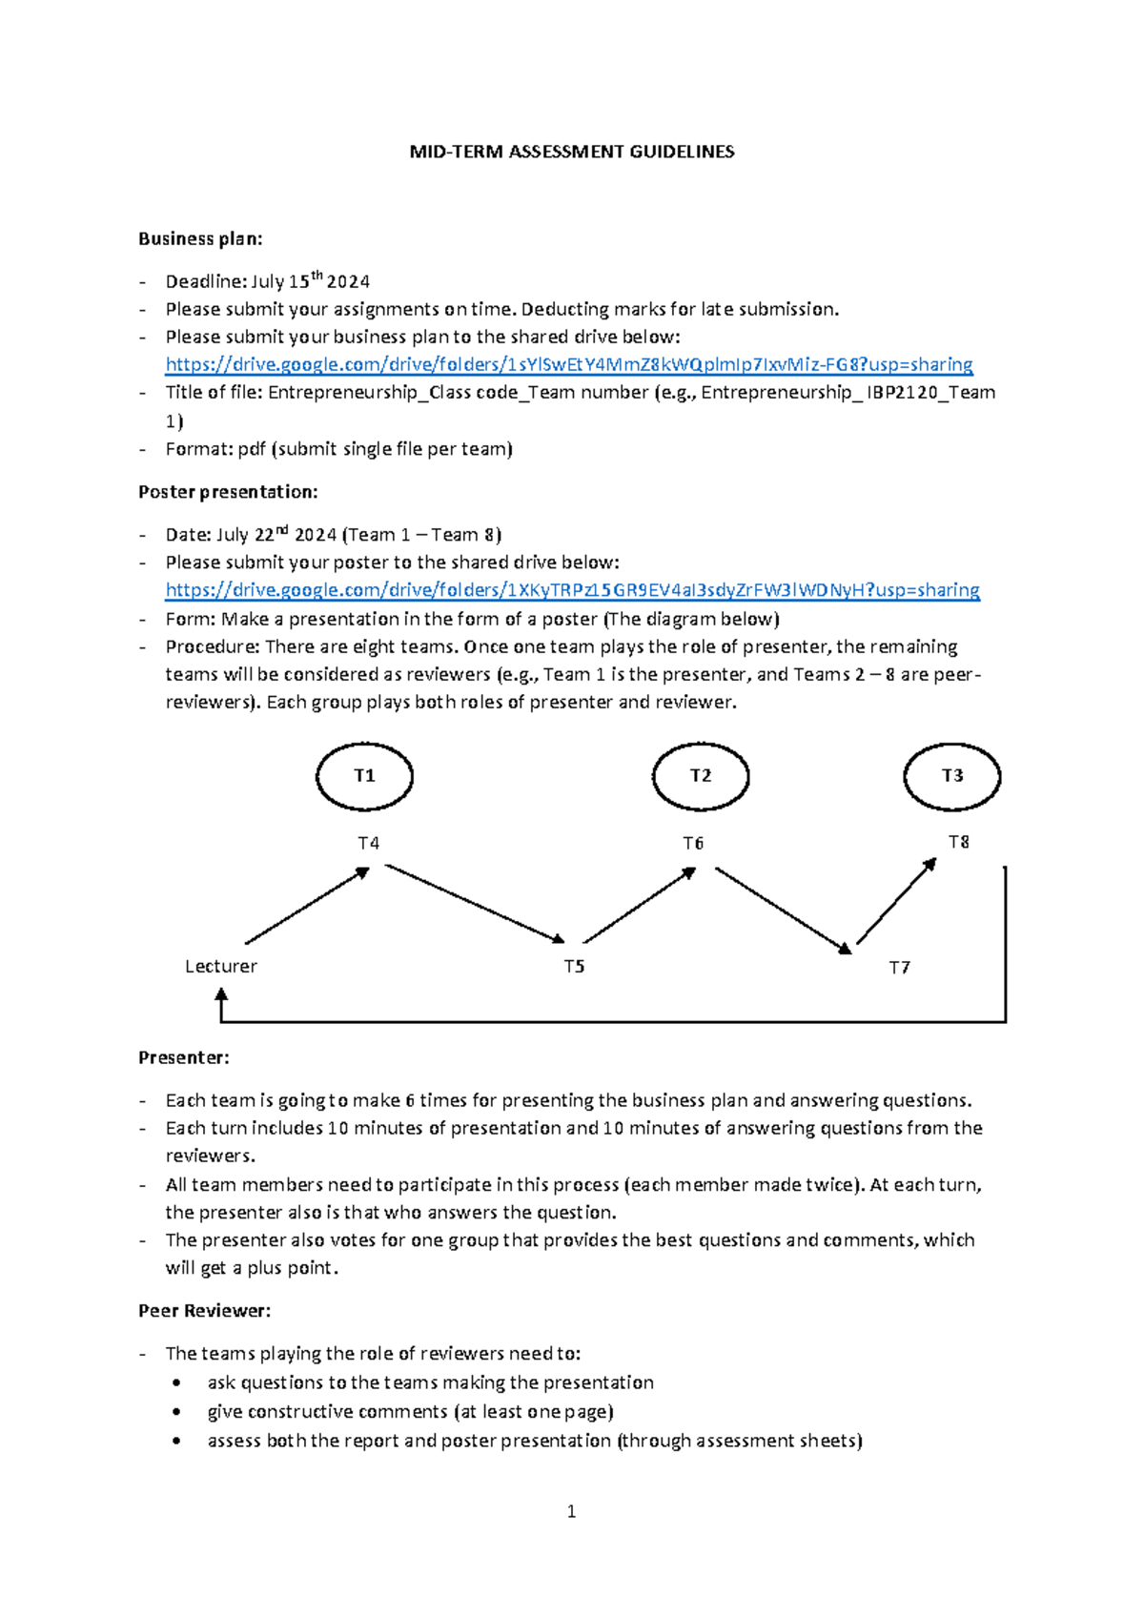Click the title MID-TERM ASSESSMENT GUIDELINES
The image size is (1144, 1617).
point(572,152)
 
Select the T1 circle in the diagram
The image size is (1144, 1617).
point(364,776)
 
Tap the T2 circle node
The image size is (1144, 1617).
point(701,776)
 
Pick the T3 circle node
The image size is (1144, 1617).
point(952,776)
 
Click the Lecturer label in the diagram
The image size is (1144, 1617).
point(221,966)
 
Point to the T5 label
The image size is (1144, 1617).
point(574,967)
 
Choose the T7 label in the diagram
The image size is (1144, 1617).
point(899,968)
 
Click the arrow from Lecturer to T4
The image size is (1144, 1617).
point(307,906)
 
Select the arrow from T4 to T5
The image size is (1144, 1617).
point(475,904)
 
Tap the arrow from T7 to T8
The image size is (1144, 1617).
point(896,901)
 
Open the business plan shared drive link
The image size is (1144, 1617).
point(569,364)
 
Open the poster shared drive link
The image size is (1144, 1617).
point(572,590)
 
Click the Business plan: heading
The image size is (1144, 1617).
point(200,238)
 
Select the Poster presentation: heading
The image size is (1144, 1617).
point(228,492)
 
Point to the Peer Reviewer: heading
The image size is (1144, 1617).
point(204,1311)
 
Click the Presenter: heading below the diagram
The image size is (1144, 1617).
point(184,1057)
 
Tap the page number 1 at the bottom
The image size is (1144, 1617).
point(571,1511)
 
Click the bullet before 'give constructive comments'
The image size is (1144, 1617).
point(176,1412)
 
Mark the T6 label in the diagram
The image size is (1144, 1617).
point(693,844)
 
